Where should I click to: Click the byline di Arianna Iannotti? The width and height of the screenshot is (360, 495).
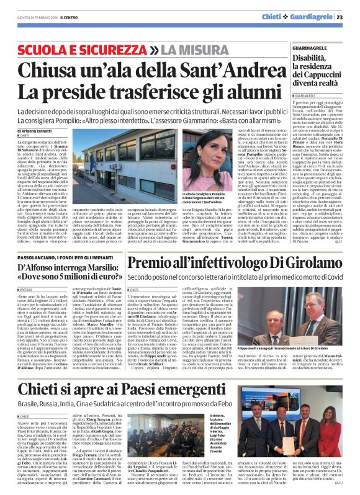(x=38, y=129)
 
